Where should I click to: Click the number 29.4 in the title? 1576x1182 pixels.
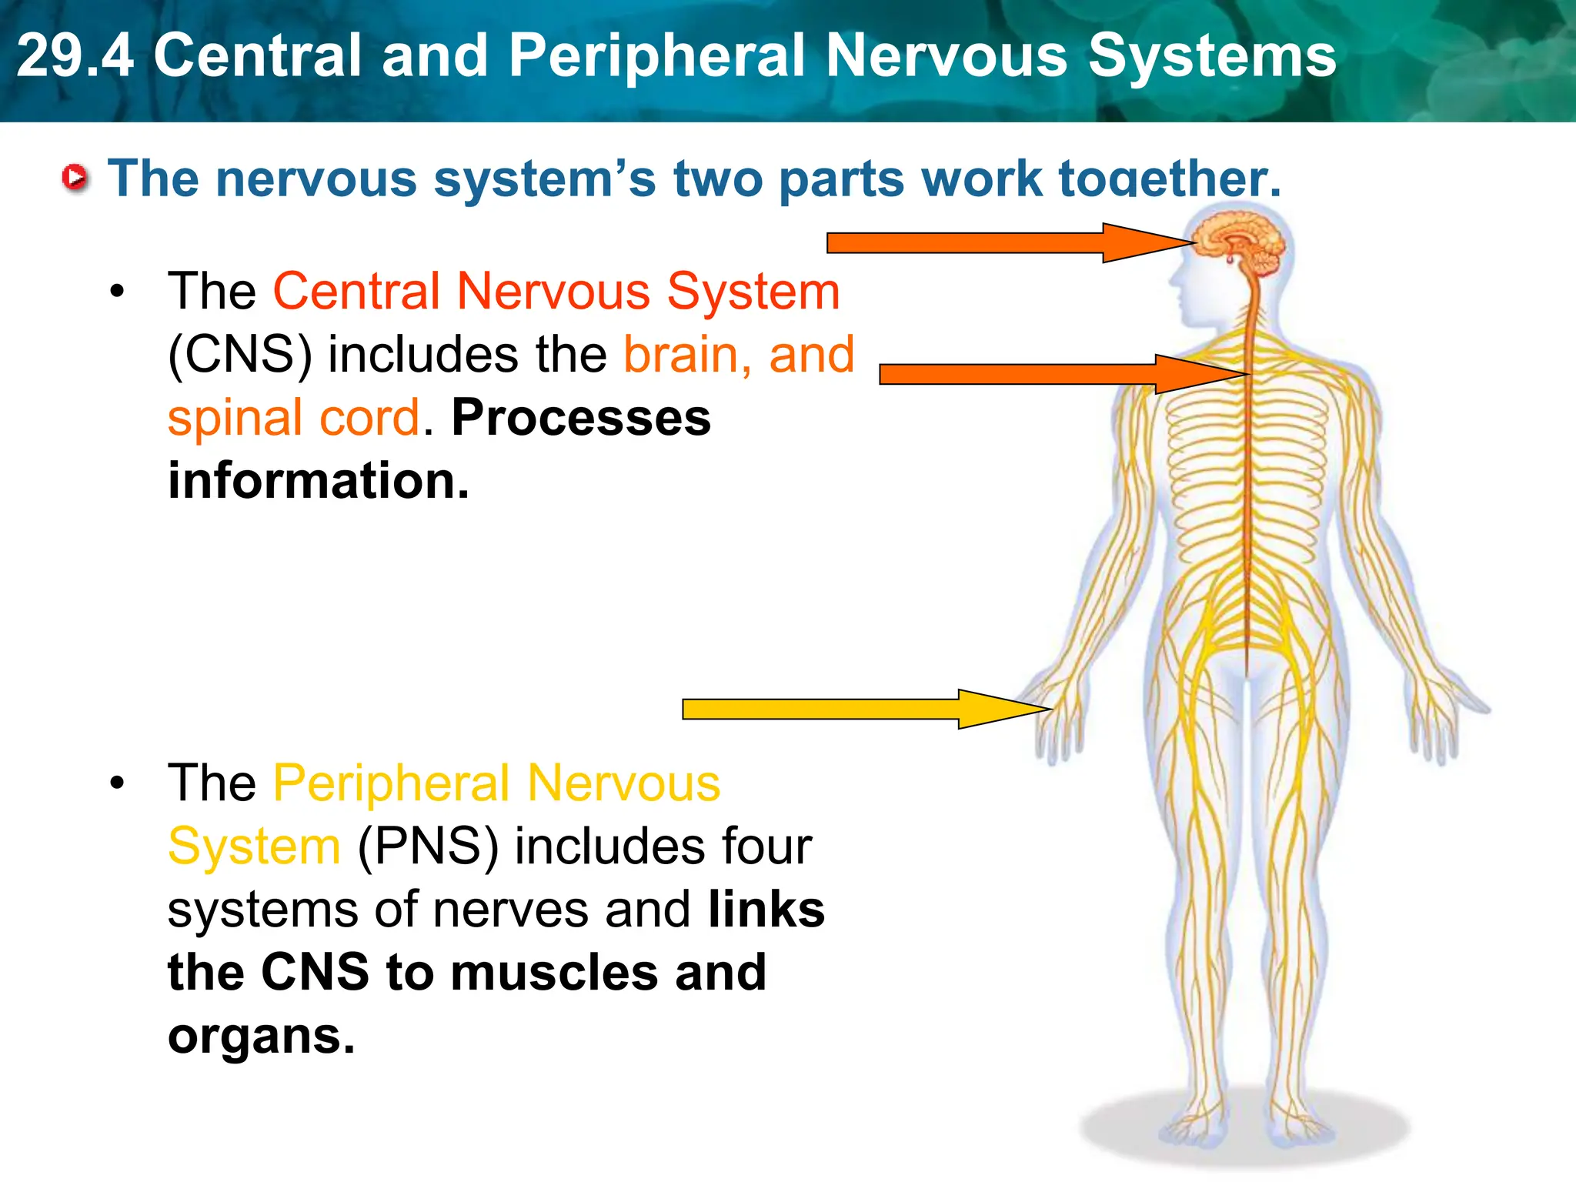(x=75, y=55)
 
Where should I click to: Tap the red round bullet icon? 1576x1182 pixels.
(x=75, y=178)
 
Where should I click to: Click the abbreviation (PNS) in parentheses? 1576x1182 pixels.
(x=428, y=846)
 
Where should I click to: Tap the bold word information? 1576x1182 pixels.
(x=318, y=481)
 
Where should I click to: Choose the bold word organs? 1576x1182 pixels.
(x=261, y=1036)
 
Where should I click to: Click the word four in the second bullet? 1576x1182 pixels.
(x=766, y=846)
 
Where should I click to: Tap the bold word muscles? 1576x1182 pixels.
(x=554, y=973)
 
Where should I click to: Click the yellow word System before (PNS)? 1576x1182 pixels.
(x=254, y=846)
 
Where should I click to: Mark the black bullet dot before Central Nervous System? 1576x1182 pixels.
(x=117, y=292)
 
